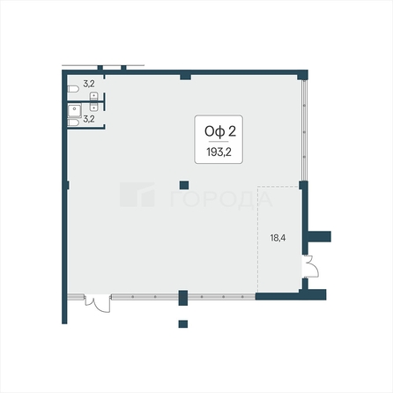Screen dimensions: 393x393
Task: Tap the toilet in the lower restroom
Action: [x=72, y=122]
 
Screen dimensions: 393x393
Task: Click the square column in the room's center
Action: [x=182, y=184]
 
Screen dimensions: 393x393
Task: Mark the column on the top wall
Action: [x=183, y=77]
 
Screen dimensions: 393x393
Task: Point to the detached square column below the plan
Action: [x=182, y=323]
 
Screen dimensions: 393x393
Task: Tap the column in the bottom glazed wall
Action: [x=182, y=297]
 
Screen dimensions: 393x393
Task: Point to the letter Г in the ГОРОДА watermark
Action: [x=167, y=199]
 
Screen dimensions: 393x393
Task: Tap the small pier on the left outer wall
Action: [x=65, y=184]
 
